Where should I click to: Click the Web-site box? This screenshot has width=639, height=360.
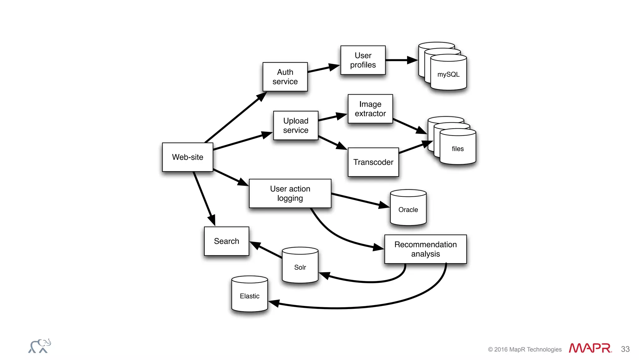(x=188, y=157)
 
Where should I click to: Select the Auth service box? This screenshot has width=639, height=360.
(x=285, y=77)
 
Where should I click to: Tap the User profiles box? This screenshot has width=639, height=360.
(x=363, y=60)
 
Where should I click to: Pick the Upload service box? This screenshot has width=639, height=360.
(x=295, y=126)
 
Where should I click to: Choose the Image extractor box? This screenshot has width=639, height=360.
(x=370, y=109)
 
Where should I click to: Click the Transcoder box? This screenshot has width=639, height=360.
(x=373, y=162)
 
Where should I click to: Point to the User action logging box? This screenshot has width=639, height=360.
(x=290, y=193)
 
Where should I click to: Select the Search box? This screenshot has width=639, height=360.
(x=227, y=241)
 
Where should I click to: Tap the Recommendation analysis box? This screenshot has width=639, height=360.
(x=425, y=249)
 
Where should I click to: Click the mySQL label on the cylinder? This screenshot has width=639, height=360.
(x=448, y=74)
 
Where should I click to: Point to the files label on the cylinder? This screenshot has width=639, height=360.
(x=458, y=149)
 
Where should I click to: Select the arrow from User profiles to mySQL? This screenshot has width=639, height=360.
(x=401, y=60)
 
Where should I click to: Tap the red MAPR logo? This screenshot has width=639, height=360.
(x=590, y=348)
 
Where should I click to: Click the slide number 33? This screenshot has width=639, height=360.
(x=625, y=349)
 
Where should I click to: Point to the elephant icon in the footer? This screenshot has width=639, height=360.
(x=40, y=346)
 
